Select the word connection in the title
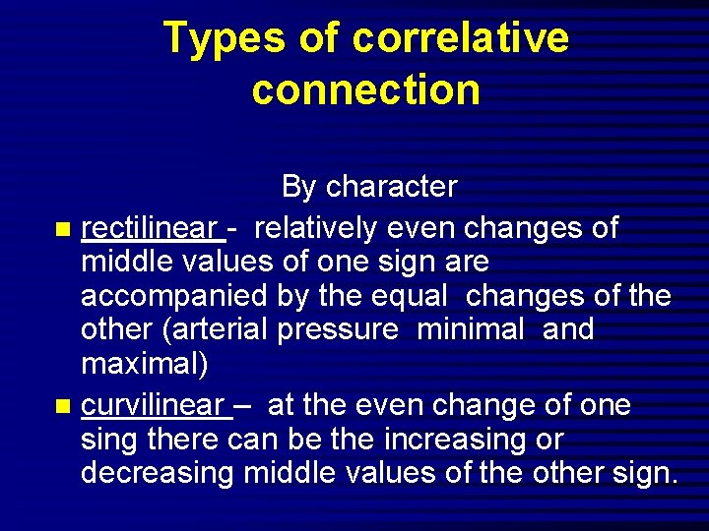(x=365, y=90)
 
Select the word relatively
(x=317, y=227)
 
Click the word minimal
(x=471, y=328)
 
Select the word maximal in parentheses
(x=142, y=364)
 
